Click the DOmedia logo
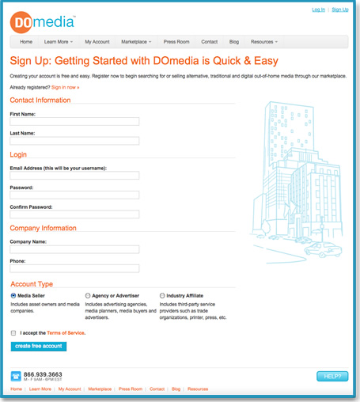(42, 21)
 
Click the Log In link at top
(318, 9)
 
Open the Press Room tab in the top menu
(177, 41)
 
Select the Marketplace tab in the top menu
(138, 41)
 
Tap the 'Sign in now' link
(64, 86)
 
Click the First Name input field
(74, 122)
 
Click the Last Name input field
(74, 141)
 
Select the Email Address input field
(74, 176)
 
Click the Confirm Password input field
(74, 214)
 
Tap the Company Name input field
(74, 249)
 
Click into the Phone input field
(74, 268)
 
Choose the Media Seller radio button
(13, 295)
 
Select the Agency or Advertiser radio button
(88, 295)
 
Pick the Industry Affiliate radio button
(162, 295)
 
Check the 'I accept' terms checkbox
(13, 333)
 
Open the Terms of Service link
(66, 333)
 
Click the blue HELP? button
(332, 376)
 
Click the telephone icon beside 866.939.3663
(16, 376)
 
